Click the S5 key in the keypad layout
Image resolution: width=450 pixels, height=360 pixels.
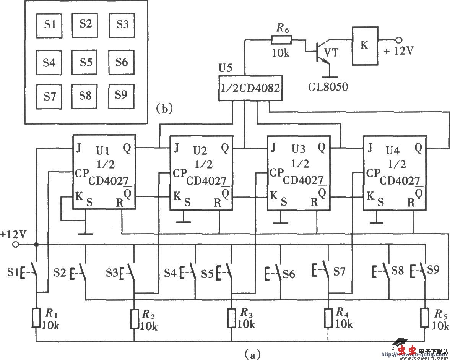tap(86, 62)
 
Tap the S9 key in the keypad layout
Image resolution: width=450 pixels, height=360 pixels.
tap(121, 95)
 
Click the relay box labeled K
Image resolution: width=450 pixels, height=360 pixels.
tap(365, 45)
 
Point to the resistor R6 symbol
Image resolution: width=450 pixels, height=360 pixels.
tap(281, 39)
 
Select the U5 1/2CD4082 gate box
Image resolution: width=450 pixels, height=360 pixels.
tap(250, 88)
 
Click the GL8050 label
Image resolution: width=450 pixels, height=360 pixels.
tap(328, 87)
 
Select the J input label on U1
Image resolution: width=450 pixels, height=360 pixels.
tap(78, 148)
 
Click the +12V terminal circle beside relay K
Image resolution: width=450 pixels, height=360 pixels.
tap(398, 40)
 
